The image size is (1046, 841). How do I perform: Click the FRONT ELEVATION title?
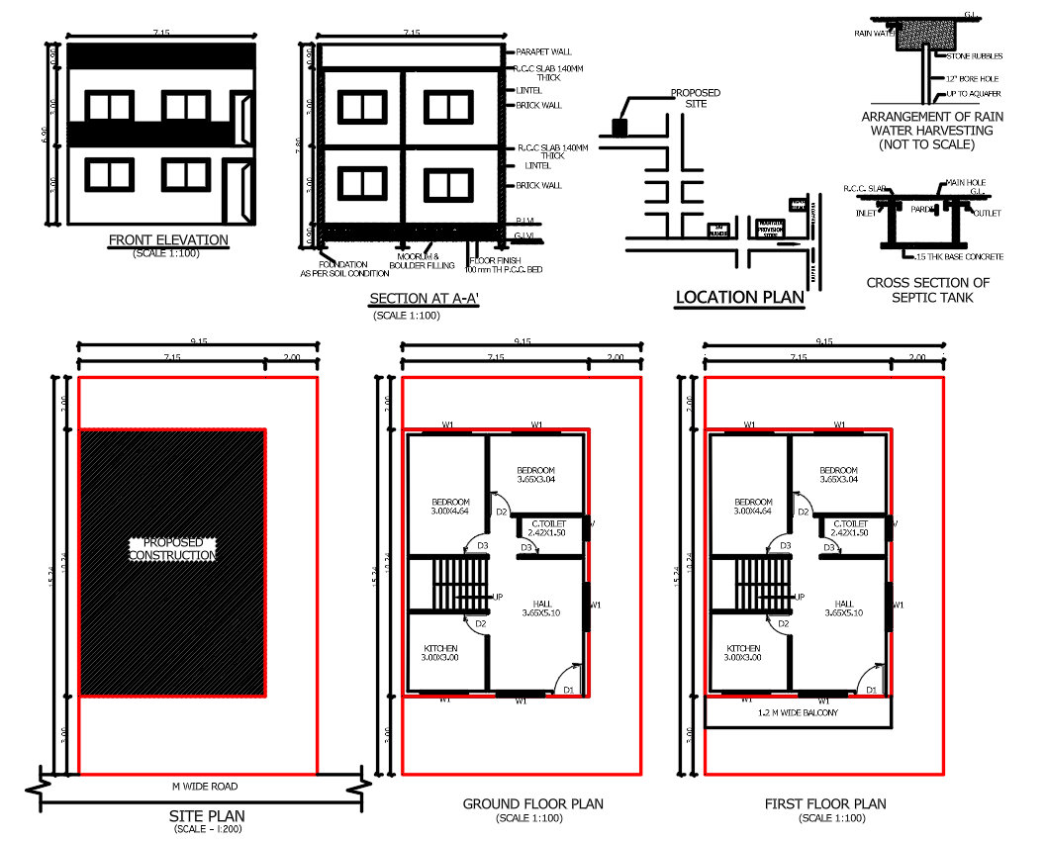click(x=168, y=239)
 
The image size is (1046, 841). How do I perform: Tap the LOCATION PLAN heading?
click(x=739, y=297)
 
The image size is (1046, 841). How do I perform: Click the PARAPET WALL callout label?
click(x=543, y=51)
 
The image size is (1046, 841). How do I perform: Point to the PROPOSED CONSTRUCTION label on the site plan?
click(x=172, y=549)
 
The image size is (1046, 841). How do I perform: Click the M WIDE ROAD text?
click(x=206, y=787)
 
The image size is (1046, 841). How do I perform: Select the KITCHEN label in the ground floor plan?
click(x=439, y=652)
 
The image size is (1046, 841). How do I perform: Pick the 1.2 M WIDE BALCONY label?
click(x=798, y=712)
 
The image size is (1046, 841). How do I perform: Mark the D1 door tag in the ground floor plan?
click(x=568, y=690)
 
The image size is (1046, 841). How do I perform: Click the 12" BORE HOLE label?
click(x=973, y=78)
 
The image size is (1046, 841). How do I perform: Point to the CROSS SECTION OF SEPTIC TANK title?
click(x=927, y=289)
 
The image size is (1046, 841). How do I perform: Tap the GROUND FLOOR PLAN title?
click(x=532, y=804)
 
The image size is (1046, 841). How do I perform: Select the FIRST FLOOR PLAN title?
click(x=825, y=804)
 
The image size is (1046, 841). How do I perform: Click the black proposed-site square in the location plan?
click(x=619, y=127)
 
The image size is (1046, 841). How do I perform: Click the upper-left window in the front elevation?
click(x=108, y=107)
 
